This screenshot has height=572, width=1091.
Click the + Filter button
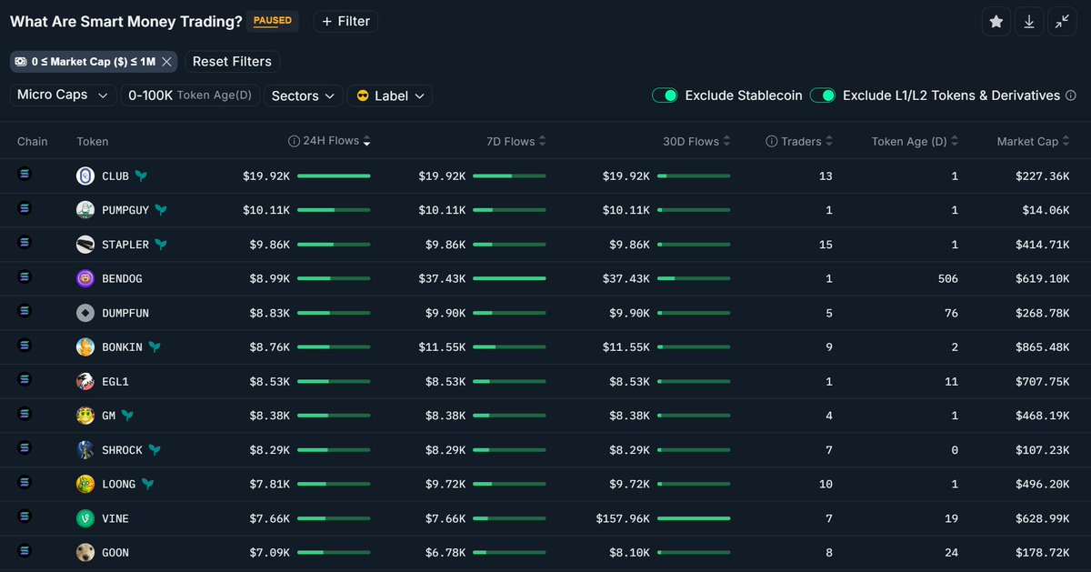pyautogui.click(x=345, y=22)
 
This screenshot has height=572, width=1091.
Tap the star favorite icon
pyautogui.click(x=996, y=22)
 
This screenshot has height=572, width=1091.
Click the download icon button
pyautogui.click(x=1028, y=22)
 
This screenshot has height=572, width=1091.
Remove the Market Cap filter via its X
pyautogui.click(x=166, y=62)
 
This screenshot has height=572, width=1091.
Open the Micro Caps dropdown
pyautogui.click(x=64, y=95)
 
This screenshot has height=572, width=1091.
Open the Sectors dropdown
pyautogui.click(x=304, y=95)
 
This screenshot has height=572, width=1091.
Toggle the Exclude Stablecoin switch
pyautogui.click(x=665, y=95)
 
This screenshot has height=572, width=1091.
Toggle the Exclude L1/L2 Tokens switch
pyautogui.click(x=823, y=95)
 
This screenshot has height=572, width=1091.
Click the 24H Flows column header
pyautogui.click(x=331, y=142)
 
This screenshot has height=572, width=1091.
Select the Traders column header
pyautogui.click(x=800, y=142)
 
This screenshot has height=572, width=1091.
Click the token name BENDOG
pyautogui.click(x=122, y=279)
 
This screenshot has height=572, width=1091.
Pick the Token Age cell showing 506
pyautogui.click(x=947, y=279)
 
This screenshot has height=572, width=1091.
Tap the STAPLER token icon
pyautogui.click(x=85, y=245)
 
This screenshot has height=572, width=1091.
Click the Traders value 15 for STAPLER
pyautogui.click(x=825, y=245)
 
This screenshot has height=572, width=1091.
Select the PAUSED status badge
pyautogui.click(x=272, y=21)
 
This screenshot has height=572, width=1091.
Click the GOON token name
pyautogui.click(x=115, y=553)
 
